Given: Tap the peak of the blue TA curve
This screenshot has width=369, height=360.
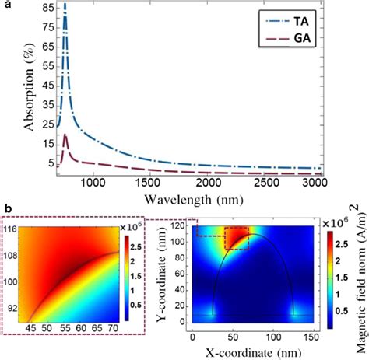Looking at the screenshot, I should click(x=65, y=6).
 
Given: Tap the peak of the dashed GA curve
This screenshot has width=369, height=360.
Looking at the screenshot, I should click(x=66, y=135).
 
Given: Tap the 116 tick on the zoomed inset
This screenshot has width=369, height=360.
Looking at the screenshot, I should click(x=15, y=230).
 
